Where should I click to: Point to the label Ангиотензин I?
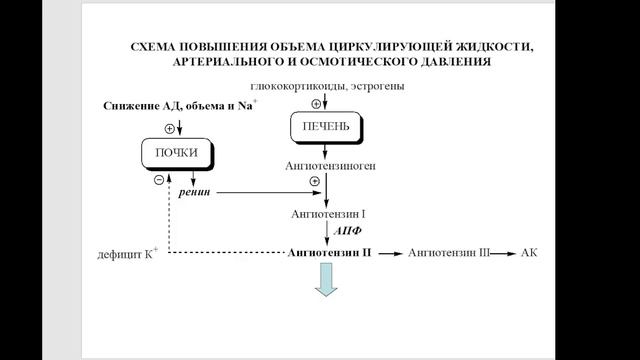[329, 214]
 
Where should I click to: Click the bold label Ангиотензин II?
[329, 254]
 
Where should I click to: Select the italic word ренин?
[195, 191]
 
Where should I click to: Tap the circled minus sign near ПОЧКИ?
[159, 180]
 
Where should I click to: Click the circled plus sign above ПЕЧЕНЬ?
[316, 102]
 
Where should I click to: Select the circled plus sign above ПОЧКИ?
[169, 129]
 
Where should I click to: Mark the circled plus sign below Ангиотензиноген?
[316, 180]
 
